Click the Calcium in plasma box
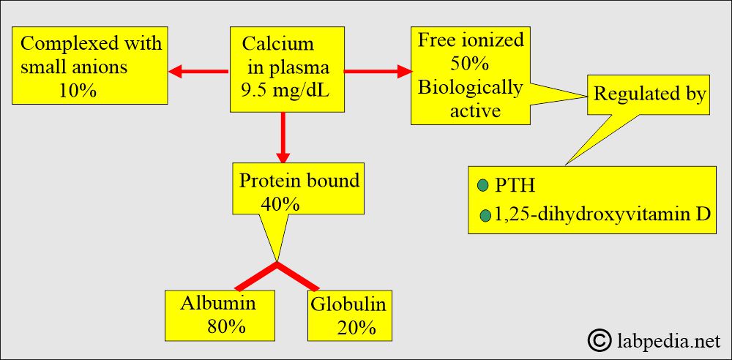pos(287,69)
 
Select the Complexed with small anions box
pos(89,65)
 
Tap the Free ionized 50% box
pos(471,75)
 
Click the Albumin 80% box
pos(220,315)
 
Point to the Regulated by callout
pos(648,95)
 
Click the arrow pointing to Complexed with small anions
pos(198,72)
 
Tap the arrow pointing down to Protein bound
pos(283,138)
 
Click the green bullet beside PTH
pos(482,186)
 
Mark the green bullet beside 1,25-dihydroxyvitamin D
pos(485,216)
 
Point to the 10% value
pos(78,91)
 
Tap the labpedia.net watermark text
pos(668,341)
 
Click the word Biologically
pos(470,89)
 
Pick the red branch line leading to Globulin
pos(299,277)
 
